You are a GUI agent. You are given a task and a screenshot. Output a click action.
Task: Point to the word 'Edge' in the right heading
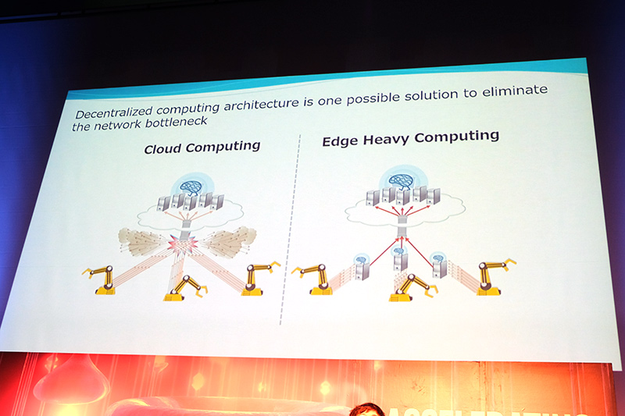coord(339,142)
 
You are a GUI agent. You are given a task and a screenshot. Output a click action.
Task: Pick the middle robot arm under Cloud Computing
coord(186,287)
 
